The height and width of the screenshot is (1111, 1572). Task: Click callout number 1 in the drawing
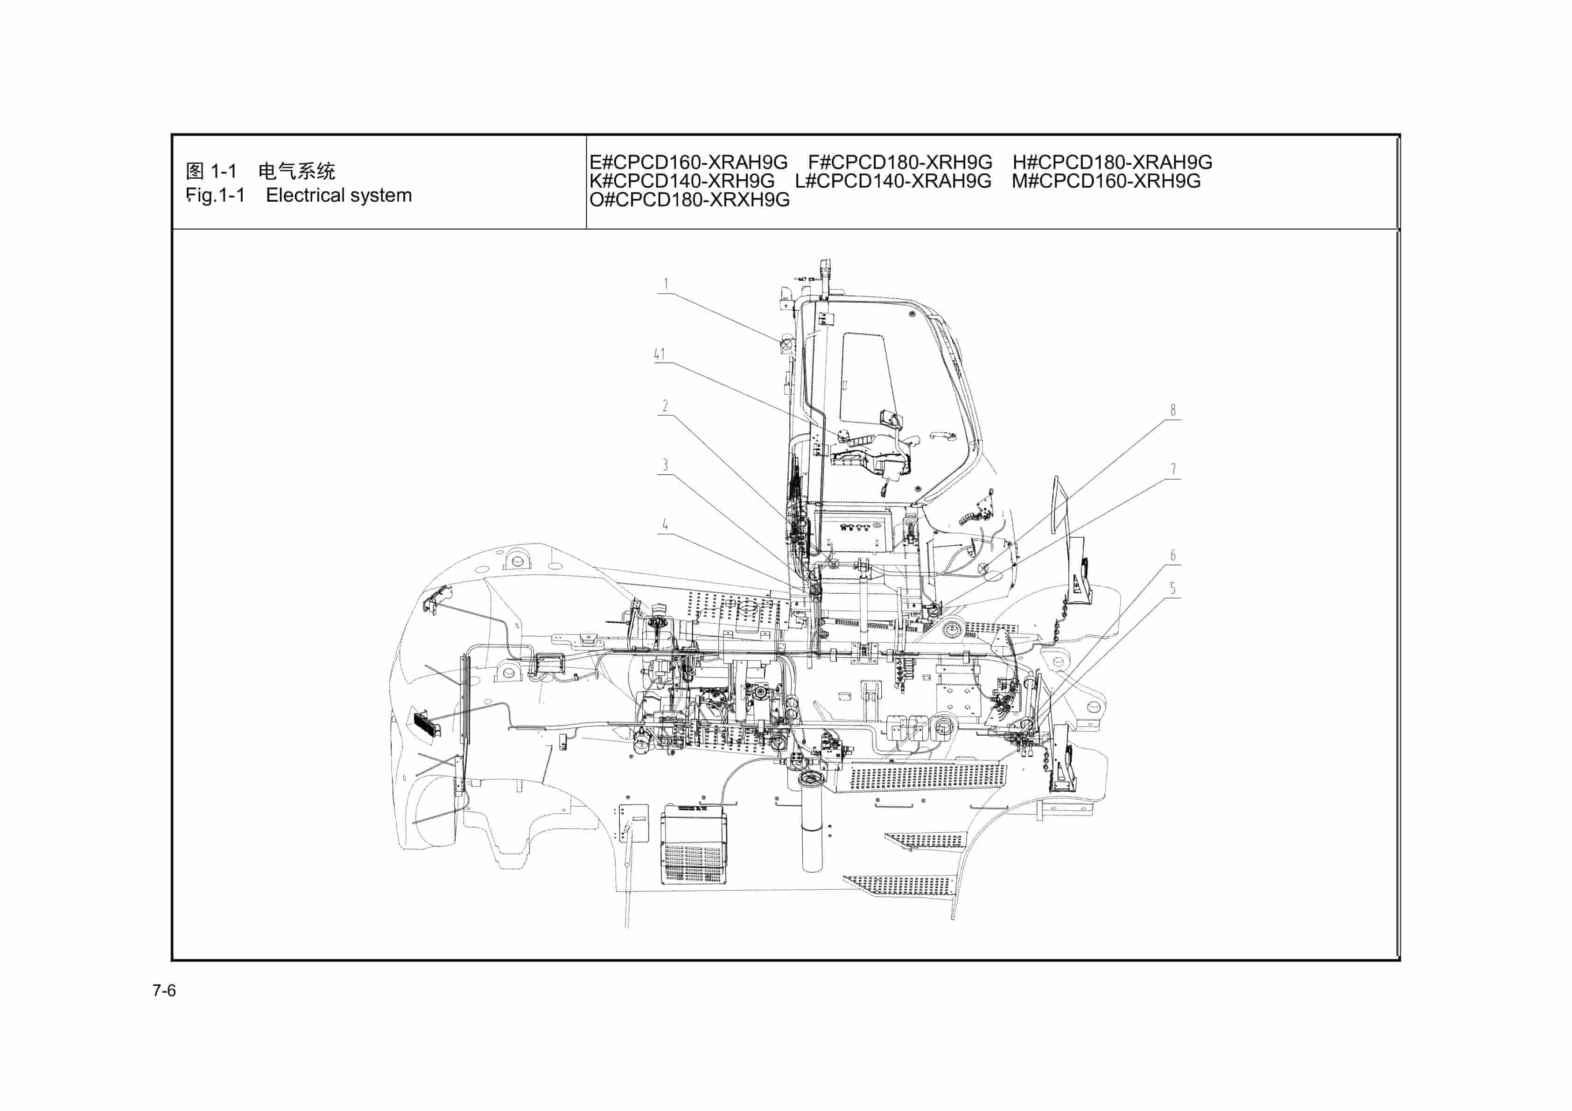coord(666,283)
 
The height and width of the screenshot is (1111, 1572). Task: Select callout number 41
coord(660,354)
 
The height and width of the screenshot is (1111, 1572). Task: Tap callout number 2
coord(665,406)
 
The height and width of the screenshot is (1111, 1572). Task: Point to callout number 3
coord(665,464)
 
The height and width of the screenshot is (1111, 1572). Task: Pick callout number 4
coord(665,524)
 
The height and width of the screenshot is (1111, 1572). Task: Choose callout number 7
coord(1173,469)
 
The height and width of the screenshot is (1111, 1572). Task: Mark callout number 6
coord(1173,555)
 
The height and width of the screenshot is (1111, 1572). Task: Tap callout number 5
coord(1173,588)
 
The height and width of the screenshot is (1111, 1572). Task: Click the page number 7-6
coord(164,991)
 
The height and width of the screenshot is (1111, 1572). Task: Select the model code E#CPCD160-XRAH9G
coord(688,162)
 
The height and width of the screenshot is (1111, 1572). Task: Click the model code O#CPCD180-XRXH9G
coord(689,200)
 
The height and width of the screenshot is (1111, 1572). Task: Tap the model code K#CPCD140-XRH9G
coord(682,181)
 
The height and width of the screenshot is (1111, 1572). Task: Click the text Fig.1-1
coord(215,195)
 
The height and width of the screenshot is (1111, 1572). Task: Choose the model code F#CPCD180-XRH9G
coord(900,162)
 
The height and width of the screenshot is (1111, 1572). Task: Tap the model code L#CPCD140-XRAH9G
coord(893,181)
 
